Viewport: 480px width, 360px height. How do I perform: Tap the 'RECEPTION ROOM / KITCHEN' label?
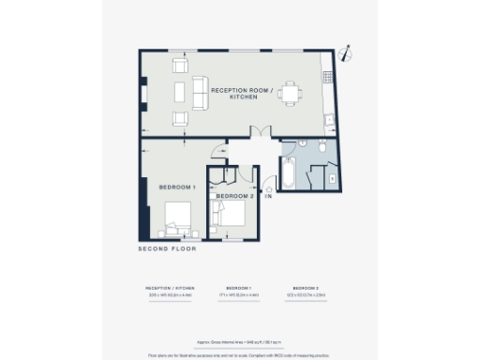pos(242,95)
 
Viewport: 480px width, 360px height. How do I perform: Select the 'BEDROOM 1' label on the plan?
pos(177,187)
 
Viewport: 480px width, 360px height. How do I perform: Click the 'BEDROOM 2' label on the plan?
pos(234,197)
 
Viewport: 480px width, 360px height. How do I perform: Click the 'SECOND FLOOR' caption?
pos(166,250)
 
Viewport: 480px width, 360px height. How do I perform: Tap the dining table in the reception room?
pos(291,93)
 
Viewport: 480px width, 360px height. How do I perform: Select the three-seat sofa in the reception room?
pos(199,92)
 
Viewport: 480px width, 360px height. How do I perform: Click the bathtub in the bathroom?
pos(290,175)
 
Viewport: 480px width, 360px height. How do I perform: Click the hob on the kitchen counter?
pos(328,75)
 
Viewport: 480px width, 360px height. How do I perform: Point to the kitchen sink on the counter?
pos(329,120)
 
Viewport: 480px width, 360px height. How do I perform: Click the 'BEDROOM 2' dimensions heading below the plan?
pos(306,288)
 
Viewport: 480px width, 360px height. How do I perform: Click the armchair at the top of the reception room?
pos(180,66)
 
